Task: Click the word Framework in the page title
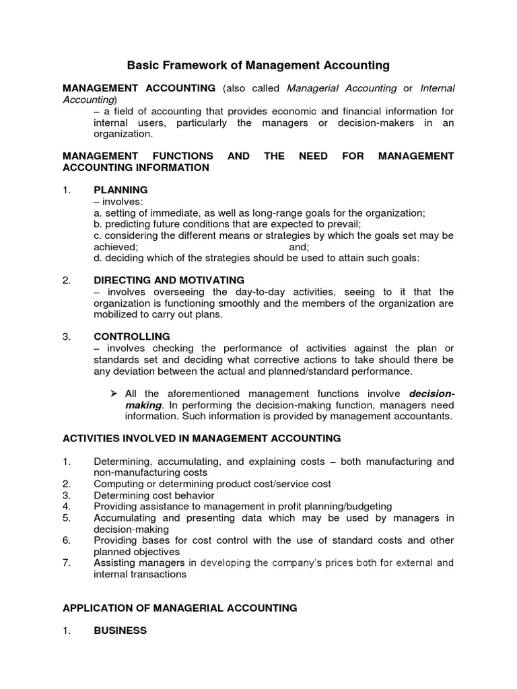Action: coord(191,65)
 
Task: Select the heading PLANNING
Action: coord(120,190)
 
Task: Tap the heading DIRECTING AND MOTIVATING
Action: coord(169,280)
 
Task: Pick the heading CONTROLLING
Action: coord(131,336)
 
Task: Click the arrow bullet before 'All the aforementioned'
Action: coord(114,393)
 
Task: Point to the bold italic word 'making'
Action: coord(143,405)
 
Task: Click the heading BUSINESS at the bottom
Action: coord(120,630)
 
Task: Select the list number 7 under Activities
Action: coord(66,563)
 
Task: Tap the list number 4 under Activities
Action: coord(66,506)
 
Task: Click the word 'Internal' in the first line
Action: coord(438,88)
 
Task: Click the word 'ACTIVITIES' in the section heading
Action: coord(89,439)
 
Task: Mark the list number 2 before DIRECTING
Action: coord(66,280)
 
